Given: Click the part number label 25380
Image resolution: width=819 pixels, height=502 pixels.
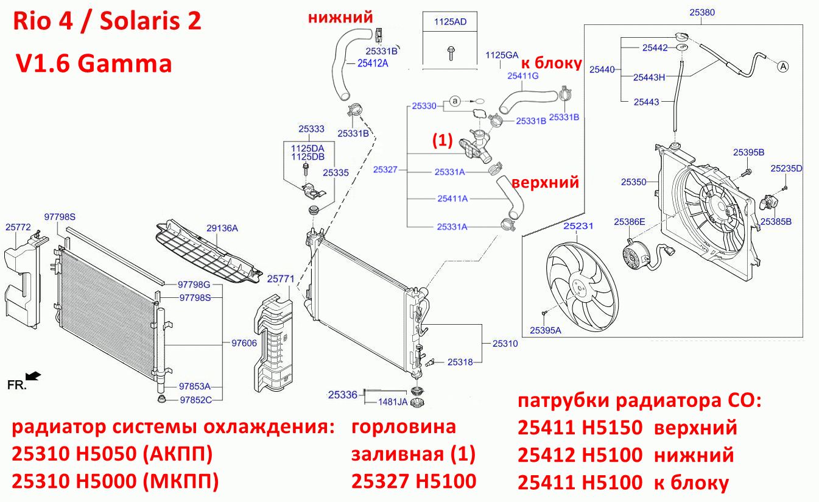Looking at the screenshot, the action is [x=702, y=12].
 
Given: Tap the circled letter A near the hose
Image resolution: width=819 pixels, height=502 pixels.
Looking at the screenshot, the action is [x=783, y=66].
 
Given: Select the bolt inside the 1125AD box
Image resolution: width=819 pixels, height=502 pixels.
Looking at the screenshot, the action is [x=450, y=53].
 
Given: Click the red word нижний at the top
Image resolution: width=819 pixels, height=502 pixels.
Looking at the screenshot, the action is [x=340, y=17].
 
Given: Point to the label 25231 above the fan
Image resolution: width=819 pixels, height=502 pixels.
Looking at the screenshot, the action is [x=578, y=226].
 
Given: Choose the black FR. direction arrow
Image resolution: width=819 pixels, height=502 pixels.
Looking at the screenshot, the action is [x=33, y=376].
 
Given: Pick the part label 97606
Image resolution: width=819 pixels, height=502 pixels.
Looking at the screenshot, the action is [x=244, y=343].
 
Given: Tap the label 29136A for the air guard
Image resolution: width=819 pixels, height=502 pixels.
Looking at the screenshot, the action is [x=222, y=228].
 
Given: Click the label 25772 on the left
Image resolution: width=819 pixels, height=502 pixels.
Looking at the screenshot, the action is [x=18, y=227].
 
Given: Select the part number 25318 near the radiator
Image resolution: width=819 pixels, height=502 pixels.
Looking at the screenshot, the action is [x=460, y=362].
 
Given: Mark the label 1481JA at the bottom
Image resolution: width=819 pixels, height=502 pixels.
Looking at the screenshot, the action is [x=393, y=401].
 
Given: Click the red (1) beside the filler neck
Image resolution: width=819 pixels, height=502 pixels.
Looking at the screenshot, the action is [x=443, y=140].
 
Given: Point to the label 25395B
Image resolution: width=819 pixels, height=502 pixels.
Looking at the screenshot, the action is [x=749, y=152].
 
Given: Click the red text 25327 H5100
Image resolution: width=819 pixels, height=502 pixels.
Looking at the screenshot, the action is [x=413, y=481].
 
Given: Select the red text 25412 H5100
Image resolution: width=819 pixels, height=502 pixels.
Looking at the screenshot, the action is [x=580, y=455].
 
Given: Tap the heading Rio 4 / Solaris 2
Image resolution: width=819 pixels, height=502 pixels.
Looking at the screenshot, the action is [x=107, y=21].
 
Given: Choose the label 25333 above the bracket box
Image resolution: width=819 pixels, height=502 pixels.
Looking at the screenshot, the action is [x=311, y=129].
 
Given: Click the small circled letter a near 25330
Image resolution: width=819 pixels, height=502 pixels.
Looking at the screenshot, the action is [x=454, y=101].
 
